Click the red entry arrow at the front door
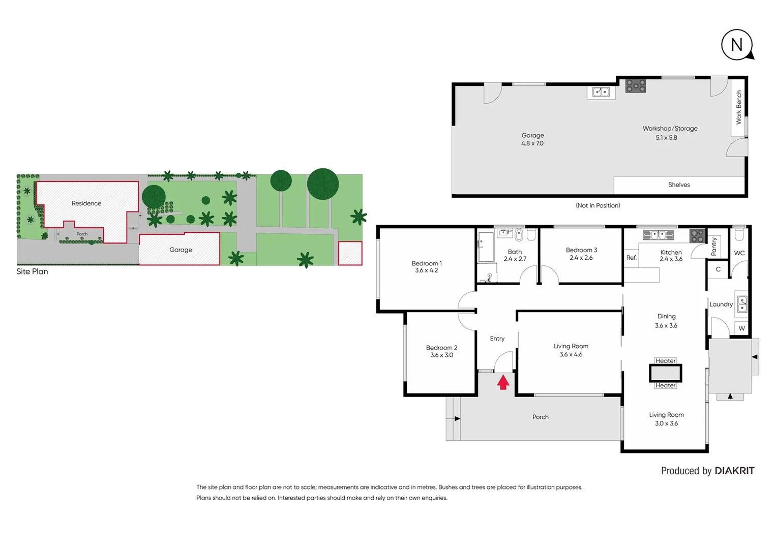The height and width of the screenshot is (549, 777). pos(503,382)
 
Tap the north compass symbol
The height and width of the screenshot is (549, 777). pos(737,45)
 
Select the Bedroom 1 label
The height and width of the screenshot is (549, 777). pos(427,263)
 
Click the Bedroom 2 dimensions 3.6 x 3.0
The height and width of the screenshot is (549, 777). pos(441,355)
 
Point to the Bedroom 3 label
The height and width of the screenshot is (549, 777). pos(581,250)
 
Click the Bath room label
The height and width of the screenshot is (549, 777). pos(515,252)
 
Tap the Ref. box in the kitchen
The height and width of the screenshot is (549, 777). pos(631,258)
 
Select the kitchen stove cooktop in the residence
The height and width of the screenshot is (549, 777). pos(697,236)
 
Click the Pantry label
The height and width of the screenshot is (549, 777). pos(714,247)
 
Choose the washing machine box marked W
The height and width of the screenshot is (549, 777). pos(741,328)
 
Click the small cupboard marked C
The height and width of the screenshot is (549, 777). pos(718,269)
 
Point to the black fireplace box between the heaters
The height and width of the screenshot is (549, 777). pos(665,373)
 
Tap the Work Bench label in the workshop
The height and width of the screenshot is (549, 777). pos(739,107)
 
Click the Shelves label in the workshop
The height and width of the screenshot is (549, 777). pos(679,185)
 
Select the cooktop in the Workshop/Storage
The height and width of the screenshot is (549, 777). pos(636,86)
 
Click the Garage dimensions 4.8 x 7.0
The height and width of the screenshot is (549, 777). pos(532,143)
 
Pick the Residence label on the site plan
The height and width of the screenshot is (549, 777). pos(86,203)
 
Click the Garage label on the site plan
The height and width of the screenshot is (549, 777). pos(181,250)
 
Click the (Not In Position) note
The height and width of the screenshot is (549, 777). pos(597,205)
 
